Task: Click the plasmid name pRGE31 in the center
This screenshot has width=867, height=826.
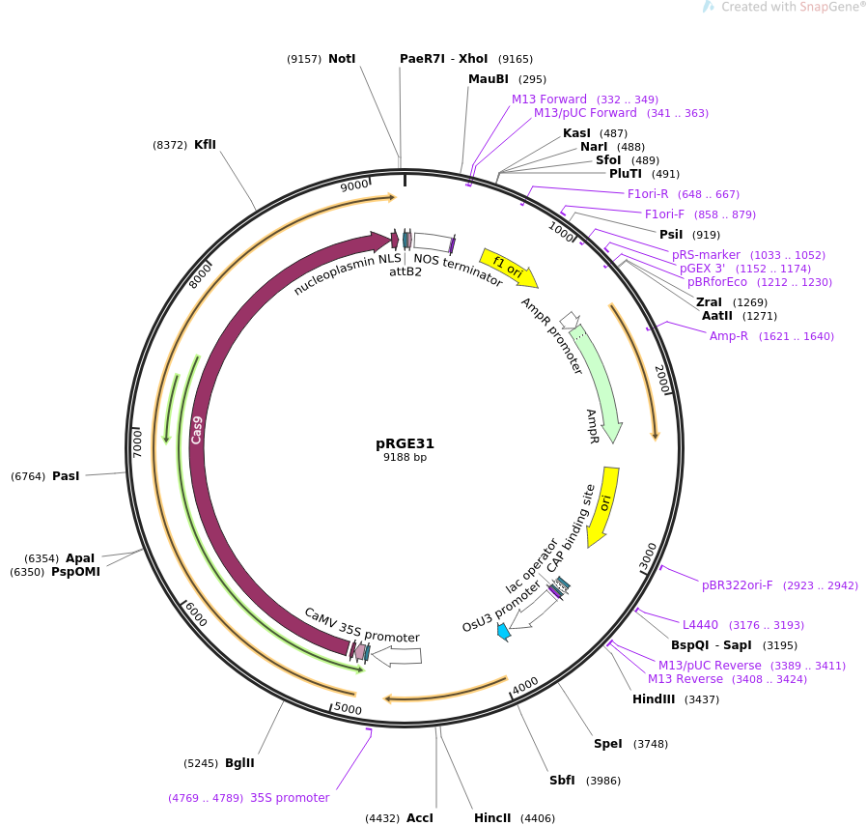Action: pyautogui.click(x=405, y=444)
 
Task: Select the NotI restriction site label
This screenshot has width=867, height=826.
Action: pyautogui.click(x=342, y=59)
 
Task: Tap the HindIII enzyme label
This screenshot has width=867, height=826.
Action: pyautogui.click(x=654, y=699)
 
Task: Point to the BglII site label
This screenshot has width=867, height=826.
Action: pyautogui.click(x=239, y=763)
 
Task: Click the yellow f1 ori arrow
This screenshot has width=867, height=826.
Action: pyautogui.click(x=509, y=269)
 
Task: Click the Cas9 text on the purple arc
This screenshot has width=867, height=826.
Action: pyautogui.click(x=197, y=429)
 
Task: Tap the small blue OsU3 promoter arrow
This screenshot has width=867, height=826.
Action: pyautogui.click(x=503, y=632)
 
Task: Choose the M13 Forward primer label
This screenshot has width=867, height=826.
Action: pyautogui.click(x=549, y=100)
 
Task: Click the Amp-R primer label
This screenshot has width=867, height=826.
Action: pyautogui.click(x=729, y=336)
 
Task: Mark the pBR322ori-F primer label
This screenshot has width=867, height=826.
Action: pyautogui.click(x=738, y=585)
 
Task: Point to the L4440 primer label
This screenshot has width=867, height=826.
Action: pyautogui.click(x=701, y=625)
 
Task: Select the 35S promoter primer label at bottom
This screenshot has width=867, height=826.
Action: pyautogui.click(x=290, y=798)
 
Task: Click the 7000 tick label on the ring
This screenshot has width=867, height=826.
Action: pyautogui.click(x=137, y=443)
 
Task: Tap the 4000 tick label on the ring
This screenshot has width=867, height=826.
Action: pyautogui.click(x=525, y=685)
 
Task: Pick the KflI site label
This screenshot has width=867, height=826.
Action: pyautogui.click(x=205, y=145)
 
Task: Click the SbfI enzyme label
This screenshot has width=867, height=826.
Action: pyautogui.click(x=562, y=781)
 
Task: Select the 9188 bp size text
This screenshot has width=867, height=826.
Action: pyautogui.click(x=405, y=458)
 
